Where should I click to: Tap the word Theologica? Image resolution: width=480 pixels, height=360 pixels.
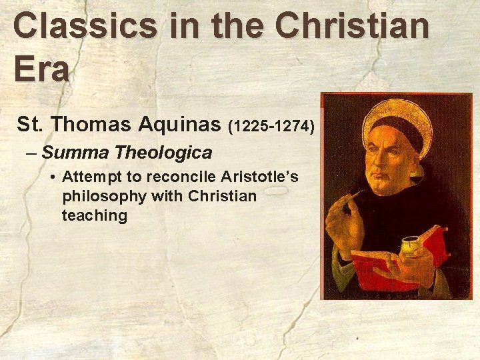pos(163,153)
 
